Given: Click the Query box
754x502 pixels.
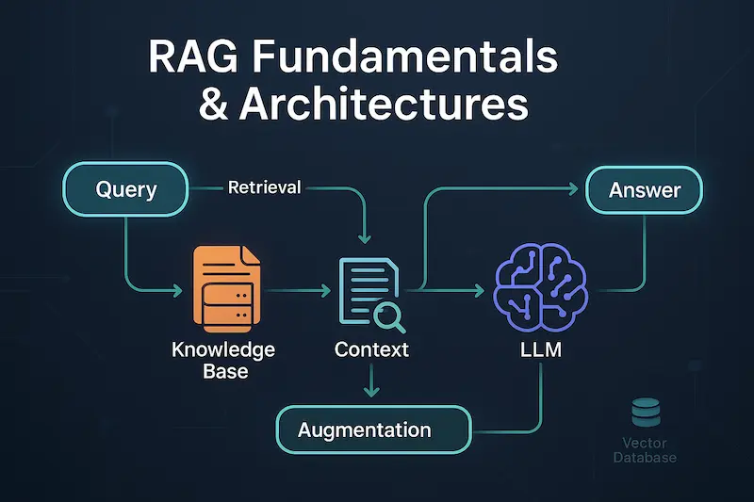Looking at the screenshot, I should [x=126, y=189].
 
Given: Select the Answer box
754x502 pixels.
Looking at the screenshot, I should [x=645, y=190].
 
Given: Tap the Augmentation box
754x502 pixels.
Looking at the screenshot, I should [x=373, y=429].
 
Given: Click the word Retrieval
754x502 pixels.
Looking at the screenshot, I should [x=264, y=187].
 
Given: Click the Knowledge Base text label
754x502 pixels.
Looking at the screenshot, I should [x=224, y=360].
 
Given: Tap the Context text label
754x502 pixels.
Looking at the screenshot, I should [x=371, y=349].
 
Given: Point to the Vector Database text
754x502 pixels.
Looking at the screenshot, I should [x=645, y=449].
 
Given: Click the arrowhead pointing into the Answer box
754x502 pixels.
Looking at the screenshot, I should [x=577, y=189].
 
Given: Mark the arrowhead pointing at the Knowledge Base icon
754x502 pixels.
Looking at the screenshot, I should [x=179, y=287].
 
